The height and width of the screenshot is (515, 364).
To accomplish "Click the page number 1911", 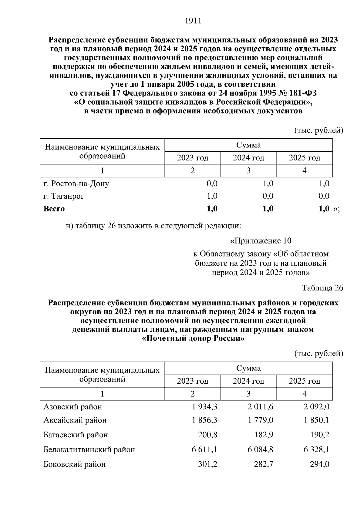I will [x=193, y=21].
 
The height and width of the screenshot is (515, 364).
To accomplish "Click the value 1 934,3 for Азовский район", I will [x=204, y=406].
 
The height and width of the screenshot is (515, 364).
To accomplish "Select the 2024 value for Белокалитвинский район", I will [x=260, y=449].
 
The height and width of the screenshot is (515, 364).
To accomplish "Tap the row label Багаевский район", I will [x=76, y=435].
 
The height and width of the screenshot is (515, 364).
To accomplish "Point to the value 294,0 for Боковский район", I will [x=319, y=464].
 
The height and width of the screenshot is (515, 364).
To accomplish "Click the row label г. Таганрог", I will [x=64, y=196].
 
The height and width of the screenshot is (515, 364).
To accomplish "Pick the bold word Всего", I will [x=54, y=209].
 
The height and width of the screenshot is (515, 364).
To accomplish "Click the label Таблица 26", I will [x=322, y=288].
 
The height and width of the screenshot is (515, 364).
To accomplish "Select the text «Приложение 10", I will [x=261, y=241].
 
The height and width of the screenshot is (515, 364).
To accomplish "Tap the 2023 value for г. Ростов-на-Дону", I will [x=212, y=183].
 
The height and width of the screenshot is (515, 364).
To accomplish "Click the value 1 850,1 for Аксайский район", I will [x=316, y=420].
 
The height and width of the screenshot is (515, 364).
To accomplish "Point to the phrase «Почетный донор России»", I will [x=193, y=338].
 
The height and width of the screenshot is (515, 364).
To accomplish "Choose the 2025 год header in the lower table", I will [x=304, y=381].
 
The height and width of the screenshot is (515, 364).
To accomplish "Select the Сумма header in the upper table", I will [x=248, y=145].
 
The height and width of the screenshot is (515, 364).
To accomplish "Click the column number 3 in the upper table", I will [x=248, y=171].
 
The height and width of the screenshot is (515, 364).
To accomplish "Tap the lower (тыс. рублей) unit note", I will [x=318, y=353].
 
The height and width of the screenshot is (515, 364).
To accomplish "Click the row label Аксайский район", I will [x=75, y=420].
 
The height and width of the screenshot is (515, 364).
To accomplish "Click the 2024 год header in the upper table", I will [x=248, y=158].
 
